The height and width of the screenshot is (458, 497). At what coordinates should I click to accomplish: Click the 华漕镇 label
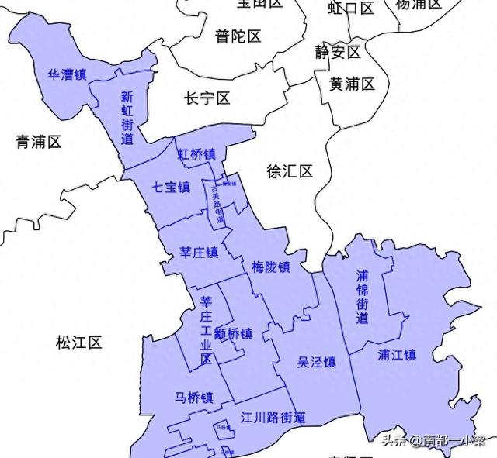tap(67, 75)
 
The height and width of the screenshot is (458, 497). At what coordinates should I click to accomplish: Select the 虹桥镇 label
tap(196, 154)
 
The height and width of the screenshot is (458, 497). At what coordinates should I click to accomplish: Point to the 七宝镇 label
tap(171, 187)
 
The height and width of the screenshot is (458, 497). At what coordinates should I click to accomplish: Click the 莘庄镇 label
tap(198, 253)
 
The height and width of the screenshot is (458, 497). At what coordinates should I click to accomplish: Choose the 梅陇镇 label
tap(271, 267)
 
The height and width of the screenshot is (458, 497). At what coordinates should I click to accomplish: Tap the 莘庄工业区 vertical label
tap(206, 330)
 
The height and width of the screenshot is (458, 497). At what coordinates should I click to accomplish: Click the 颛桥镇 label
tap(234, 334)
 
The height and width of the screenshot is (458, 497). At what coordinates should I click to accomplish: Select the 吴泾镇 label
tap(316, 362)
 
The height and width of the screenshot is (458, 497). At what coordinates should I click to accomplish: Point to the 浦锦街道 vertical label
tap(363, 297)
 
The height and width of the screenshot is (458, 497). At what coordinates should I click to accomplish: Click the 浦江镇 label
tap(397, 355)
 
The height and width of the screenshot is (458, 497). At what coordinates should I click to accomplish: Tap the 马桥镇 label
tap(194, 398)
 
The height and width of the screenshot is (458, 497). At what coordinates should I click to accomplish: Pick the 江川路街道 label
tap(273, 418)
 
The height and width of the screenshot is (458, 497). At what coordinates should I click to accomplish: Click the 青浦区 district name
tap(39, 142)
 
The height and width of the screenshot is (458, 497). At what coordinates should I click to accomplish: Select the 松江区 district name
tap(79, 342)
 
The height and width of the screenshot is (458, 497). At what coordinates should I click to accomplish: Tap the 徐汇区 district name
tap(289, 171)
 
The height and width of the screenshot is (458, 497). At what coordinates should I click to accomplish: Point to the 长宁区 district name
tap(207, 99)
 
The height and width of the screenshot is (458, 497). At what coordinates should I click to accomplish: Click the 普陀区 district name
tap(238, 36)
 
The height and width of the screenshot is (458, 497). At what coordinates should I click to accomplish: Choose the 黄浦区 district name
tap(352, 84)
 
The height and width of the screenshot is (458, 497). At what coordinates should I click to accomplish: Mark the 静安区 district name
tap(338, 52)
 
